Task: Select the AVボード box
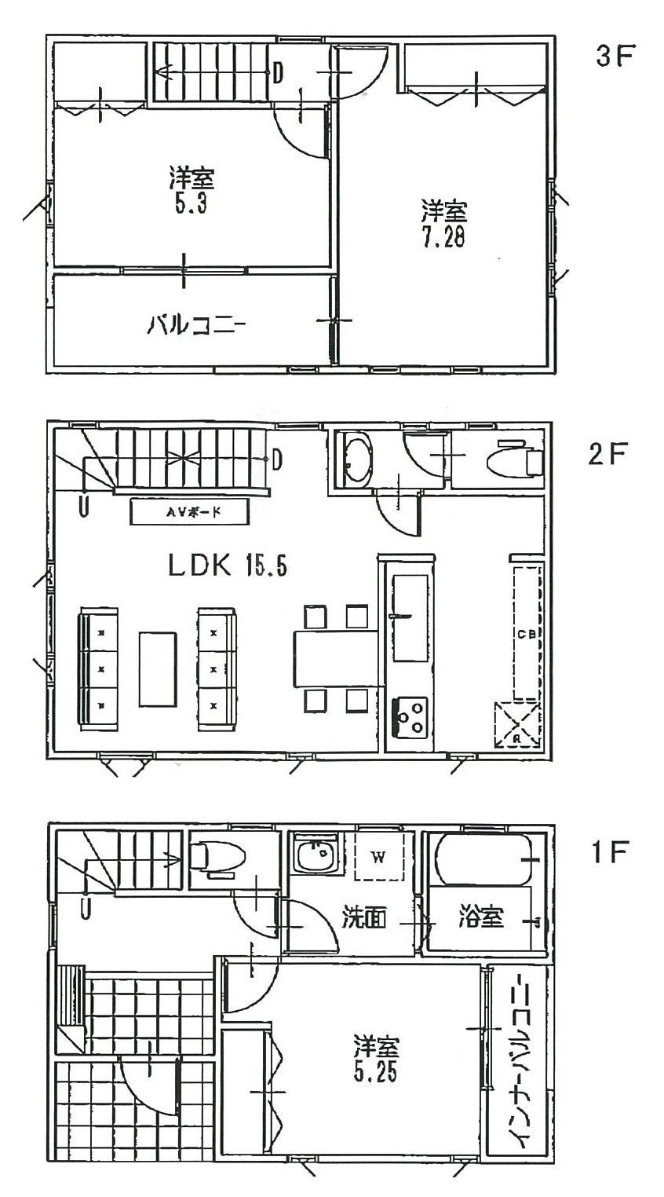(190, 512)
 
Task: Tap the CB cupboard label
(526, 635)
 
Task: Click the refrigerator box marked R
(517, 724)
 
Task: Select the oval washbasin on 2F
(358, 459)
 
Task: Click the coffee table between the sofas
(159, 668)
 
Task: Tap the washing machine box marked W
(378, 857)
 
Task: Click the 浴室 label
(481, 917)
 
